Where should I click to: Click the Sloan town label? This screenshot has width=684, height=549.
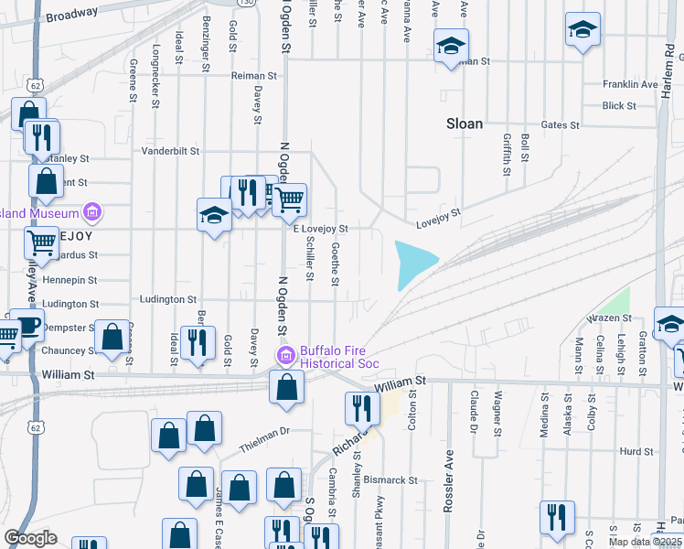pyautogui.click(x=464, y=124)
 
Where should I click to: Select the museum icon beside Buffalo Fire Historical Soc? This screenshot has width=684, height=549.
pyautogui.click(x=285, y=355)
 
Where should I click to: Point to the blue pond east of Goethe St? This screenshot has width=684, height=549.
pyautogui.click(x=412, y=262)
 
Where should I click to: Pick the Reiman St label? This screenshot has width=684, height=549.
pyautogui.click(x=253, y=76)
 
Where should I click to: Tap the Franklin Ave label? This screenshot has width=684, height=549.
pyautogui.click(x=630, y=84)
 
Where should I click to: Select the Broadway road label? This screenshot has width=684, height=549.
pyautogui.click(x=71, y=15)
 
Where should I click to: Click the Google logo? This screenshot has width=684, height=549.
pyautogui.click(x=30, y=538)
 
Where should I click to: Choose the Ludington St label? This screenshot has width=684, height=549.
pyautogui.click(x=168, y=299)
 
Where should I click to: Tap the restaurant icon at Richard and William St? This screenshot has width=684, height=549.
pyautogui.click(x=361, y=407)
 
